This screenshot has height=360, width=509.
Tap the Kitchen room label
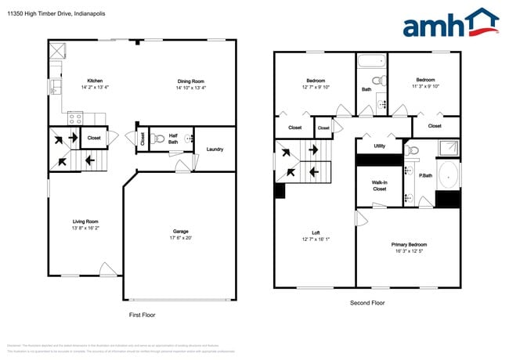coord(95,81)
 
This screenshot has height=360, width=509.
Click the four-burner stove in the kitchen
coord(76,119)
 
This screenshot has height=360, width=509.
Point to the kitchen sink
coord(55,86)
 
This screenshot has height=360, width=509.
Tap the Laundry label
coord(215,149)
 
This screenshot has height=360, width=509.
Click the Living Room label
coord(85,221)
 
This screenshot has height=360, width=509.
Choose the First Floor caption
coord(142,315)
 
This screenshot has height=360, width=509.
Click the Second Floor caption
coord(366,302)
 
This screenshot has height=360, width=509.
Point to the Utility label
coord(379,146)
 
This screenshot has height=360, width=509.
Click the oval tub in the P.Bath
coord(449,175)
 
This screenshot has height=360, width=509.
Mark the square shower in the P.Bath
coord(446,148)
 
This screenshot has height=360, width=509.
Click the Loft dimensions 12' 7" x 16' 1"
coord(316,239)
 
